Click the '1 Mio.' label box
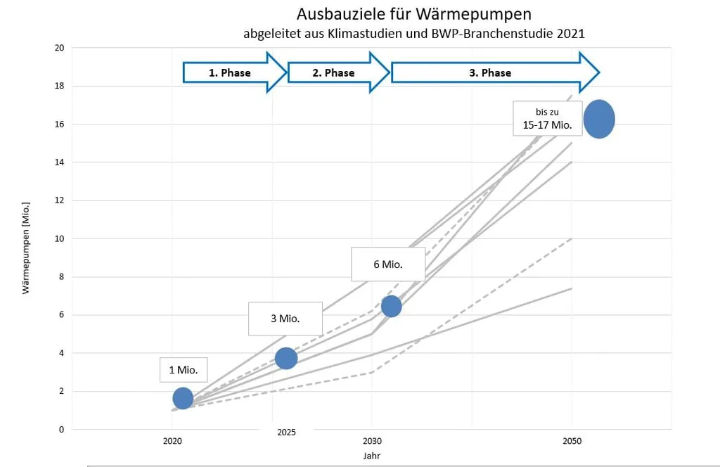click(184, 369)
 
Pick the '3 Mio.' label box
click(285, 318)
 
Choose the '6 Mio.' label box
click(389, 264)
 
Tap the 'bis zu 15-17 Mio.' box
click(548, 117)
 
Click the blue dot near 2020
click(183, 398)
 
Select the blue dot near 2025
click(285, 358)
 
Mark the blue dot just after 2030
click(391, 306)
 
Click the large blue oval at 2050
click(599, 119)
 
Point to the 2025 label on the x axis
click(286, 432)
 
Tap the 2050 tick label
click(571, 441)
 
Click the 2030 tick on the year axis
click(372, 441)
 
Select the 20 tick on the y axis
click(59, 48)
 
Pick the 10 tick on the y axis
click(59, 238)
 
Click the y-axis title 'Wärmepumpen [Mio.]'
click(26, 238)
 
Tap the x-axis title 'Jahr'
click(372, 456)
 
